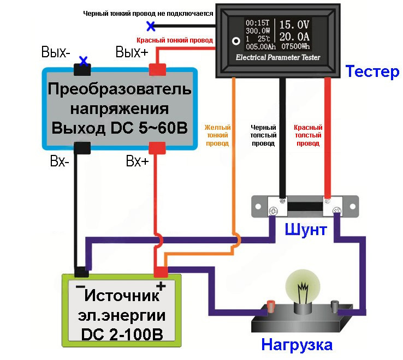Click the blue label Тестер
[372, 71]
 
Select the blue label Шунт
[305, 229]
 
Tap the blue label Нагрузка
[297, 345]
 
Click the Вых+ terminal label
[132, 52]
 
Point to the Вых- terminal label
[56, 52]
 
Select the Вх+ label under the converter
[137, 161]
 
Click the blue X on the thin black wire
[151, 25]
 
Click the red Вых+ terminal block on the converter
[157, 69]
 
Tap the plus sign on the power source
[161, 285]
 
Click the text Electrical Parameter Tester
[278, 57]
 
